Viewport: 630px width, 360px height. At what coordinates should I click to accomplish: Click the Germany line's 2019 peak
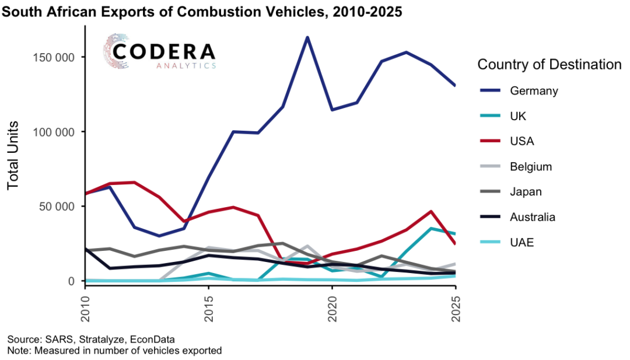click(307, 37)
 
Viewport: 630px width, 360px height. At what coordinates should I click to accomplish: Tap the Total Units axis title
click(13, 155)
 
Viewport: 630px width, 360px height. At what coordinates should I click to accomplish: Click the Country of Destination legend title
click(549, 64)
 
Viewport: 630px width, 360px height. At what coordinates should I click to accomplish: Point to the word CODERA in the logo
click(164, 51)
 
